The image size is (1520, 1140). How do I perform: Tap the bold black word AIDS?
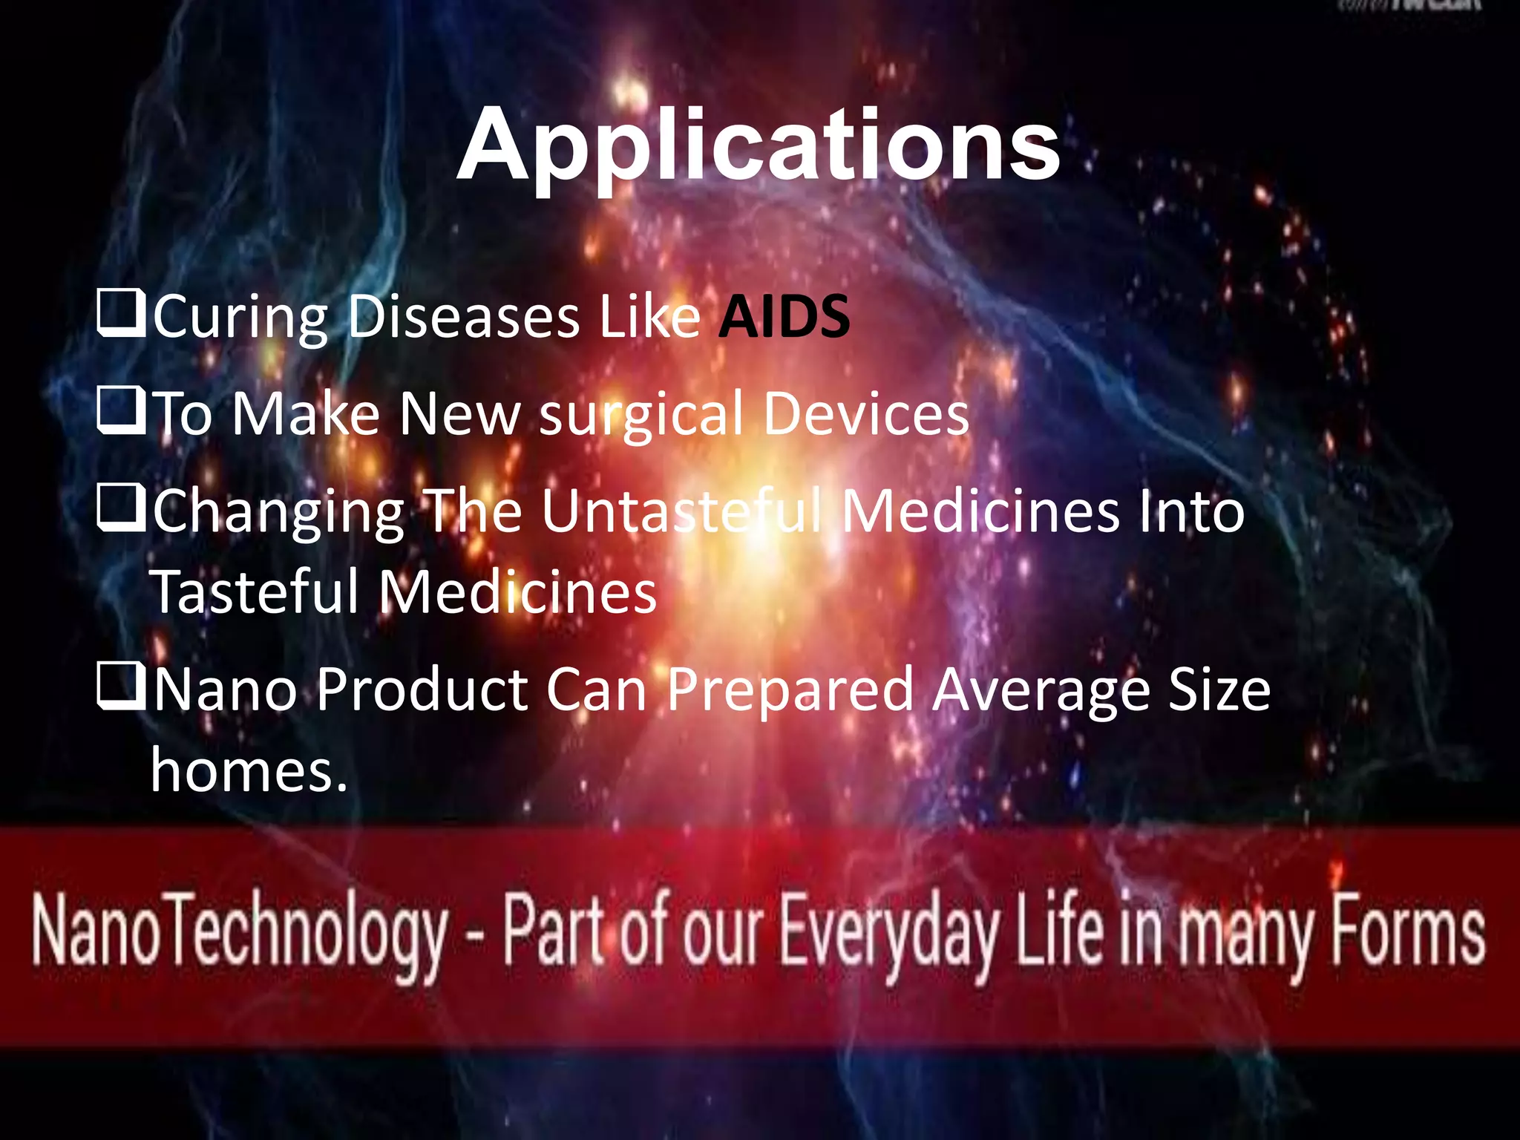tap(784, 317)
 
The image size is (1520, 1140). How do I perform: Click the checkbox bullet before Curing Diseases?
tap(120, 315)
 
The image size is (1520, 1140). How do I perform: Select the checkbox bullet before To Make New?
tap(120, 413)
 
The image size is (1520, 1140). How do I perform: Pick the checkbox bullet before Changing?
tap(120, 510)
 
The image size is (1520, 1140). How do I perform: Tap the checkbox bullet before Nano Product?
tap(120, 687)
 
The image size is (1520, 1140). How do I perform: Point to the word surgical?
tap(641, 416)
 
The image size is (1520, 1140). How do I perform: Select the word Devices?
tap(865, 413)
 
